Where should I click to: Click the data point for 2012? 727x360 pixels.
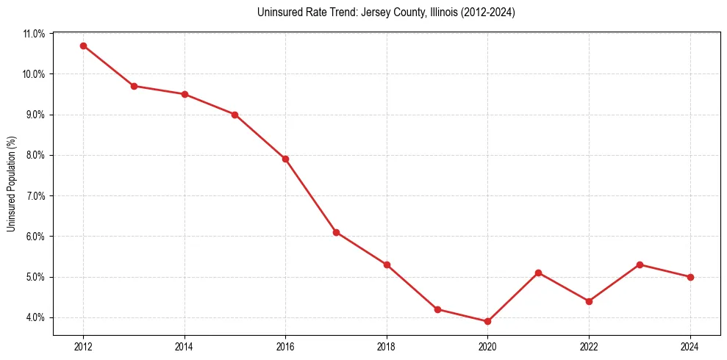83,46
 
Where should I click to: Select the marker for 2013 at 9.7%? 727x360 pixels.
134,86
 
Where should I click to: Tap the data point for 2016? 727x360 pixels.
285,159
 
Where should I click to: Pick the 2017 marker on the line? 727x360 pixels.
336,232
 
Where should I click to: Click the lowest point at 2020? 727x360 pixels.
487,321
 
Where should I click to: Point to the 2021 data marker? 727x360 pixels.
538,273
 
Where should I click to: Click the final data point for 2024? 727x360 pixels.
690,277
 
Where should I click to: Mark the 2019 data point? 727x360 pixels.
437,309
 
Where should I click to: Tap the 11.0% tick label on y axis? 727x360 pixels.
34,34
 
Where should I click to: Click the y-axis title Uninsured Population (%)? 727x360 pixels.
11,184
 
